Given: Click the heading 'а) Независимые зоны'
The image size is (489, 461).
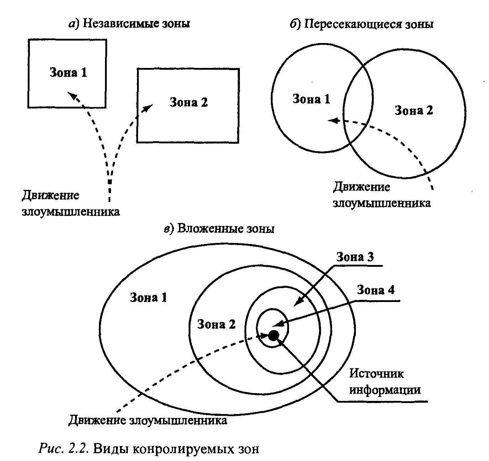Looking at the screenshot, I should (129, 23).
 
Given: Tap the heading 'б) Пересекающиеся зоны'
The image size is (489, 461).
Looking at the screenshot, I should (362, 24).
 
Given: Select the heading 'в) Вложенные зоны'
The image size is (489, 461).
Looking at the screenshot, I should (219, 228).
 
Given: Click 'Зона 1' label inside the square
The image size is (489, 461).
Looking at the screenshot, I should (68, 73).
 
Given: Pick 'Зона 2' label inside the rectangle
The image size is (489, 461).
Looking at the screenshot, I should (189, 102).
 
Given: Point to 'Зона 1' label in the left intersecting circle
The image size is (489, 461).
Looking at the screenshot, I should (311, 99).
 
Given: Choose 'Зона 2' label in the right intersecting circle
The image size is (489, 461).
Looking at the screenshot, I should (414, 111).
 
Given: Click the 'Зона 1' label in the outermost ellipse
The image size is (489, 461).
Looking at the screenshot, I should (148, 297).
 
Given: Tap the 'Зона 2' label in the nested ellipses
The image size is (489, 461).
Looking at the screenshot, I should (216, 324).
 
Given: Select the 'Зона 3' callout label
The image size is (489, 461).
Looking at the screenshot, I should (355, 257).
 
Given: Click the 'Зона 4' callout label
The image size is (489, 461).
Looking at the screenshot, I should (375, 290).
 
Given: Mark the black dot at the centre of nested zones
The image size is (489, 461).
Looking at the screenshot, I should (273, 335).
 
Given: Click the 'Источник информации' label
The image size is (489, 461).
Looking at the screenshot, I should (385, 382).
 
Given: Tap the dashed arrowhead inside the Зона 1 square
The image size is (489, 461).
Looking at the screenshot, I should (72, 95).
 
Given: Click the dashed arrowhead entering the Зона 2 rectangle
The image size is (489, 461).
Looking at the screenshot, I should (148, 107).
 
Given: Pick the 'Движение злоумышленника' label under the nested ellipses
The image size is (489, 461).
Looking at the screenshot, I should (148, 420).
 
